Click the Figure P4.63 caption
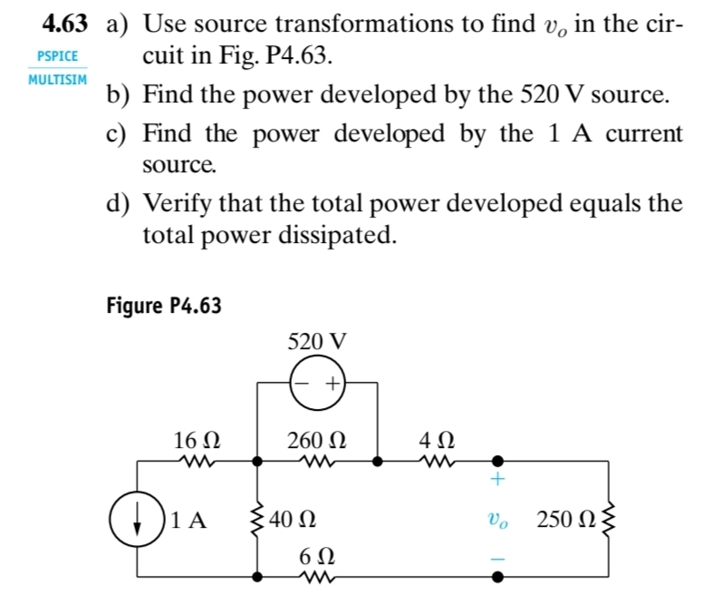click(x=164, y=305)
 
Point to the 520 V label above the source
click(x=316, y=342)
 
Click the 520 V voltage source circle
click(x=317, y=384)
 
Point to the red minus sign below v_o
click(x=498, y=560)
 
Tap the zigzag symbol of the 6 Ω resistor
click(x=317, y=576)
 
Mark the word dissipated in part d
click(x=336, y=237)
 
